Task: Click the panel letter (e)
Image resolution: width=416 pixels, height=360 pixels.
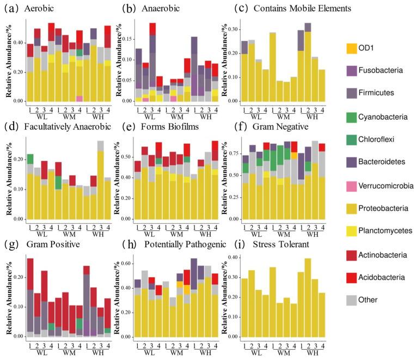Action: click(121, 126)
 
